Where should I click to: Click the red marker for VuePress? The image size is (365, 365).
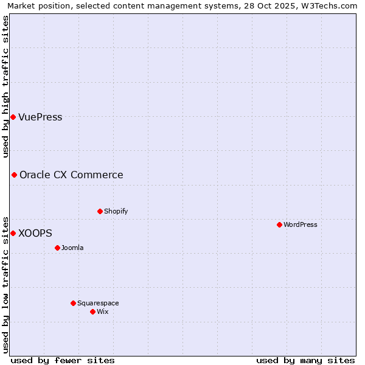click(13, 117)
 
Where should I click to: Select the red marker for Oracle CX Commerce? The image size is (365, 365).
click(14, 175)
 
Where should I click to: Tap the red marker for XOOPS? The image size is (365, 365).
click(13, 233)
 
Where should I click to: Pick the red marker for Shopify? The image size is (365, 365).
click(100, 211)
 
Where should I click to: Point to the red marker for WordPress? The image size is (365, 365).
click(279, 224)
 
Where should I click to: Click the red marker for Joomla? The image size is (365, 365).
click(57, 248)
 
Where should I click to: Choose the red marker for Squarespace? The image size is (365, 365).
click(73, 303)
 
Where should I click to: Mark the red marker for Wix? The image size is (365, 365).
click(92, 311)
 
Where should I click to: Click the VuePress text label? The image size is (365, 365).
click(40, 117)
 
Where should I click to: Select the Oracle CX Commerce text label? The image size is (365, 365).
click(71, 175)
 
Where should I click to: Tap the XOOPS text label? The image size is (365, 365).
click(35, 234)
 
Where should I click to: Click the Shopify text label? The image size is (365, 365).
click(116, 212)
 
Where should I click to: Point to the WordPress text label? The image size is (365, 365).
click(300, 225)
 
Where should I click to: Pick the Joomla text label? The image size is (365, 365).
click(72, 248)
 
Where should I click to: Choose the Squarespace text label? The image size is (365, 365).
click(98, 304)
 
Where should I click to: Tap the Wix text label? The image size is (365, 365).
click(102, 312)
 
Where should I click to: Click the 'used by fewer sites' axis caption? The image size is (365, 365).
click(63, 360)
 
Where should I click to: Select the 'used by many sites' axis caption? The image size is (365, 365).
click(305, 360)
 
